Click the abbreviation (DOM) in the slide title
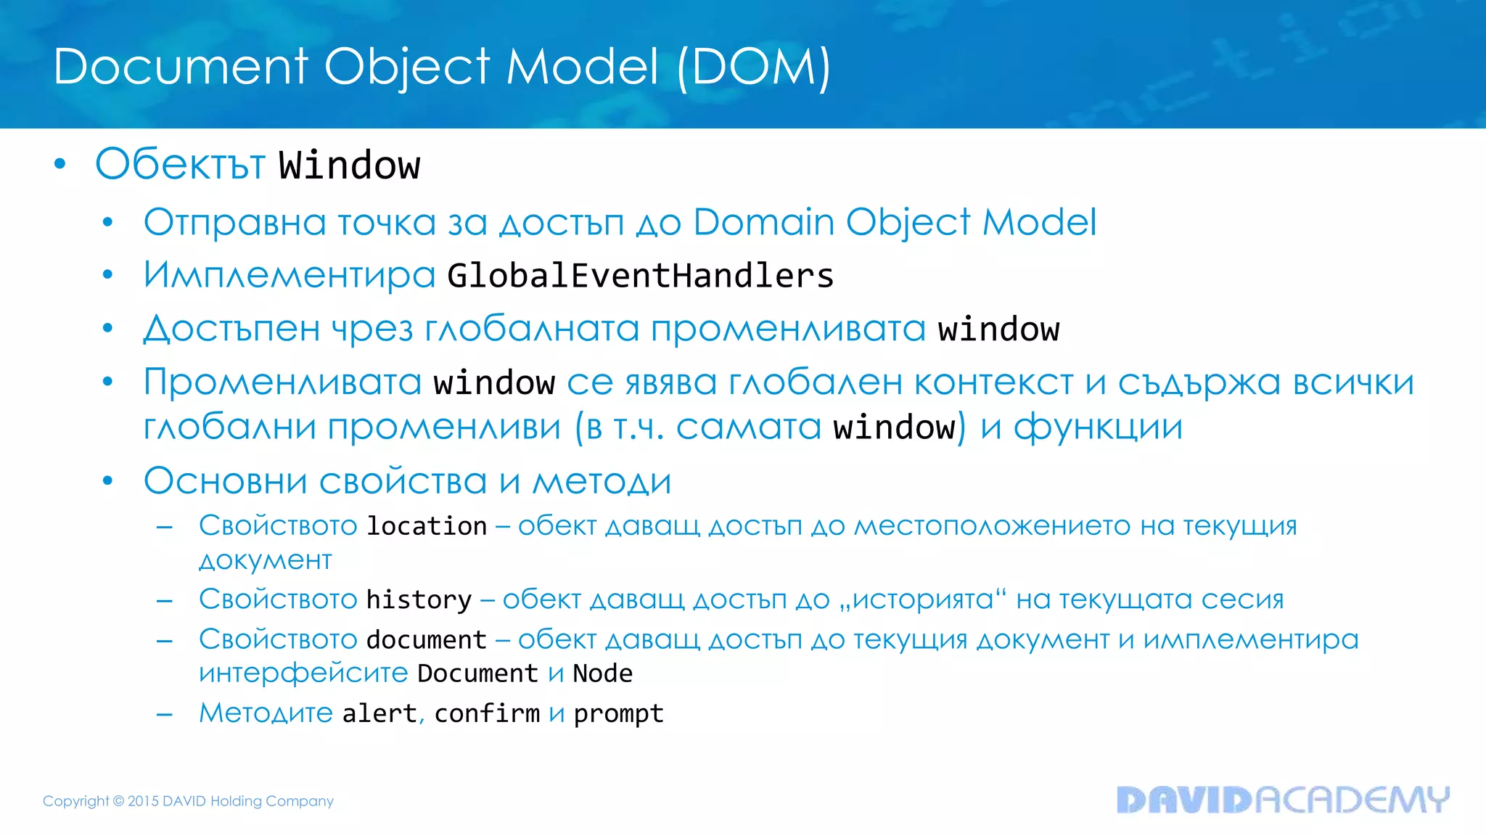pyautogui.click(x=753, y=67)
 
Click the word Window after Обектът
pyautogui.click(x=349, y=165)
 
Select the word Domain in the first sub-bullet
pyautogui.click(x=763, y=222)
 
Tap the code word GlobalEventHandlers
pyautogui.click(x=640, y=276)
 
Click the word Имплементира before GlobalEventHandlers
pyautogui.click(x=289, y=276)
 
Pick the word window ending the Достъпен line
pyautogui.click(x=998, y=329)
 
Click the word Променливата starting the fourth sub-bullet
pyautogui.click(x=282, y=382)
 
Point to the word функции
pyautogui.click(x=1098, y=427)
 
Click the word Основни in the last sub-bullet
pyautogui.click(x=225, y=481)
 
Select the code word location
pyautogui.click(x=427, y=526)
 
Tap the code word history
pyautogui.click(x=419, y=600)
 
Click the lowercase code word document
pyautogui.click(x=426, y=640)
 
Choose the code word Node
pyautogui.click(x=602, y=673)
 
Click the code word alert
pyautogui.click(x=379, y=713)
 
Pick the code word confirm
pyautogui.click(x=487, y=713)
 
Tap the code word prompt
pyautogui.click(x=618, y=714)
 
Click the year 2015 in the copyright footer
pyautogui.click(x=143, y=801)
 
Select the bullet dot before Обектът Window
pyautogui.click(x=60, y=164)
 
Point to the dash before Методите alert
pyautogui.click(x=165, y=714)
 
